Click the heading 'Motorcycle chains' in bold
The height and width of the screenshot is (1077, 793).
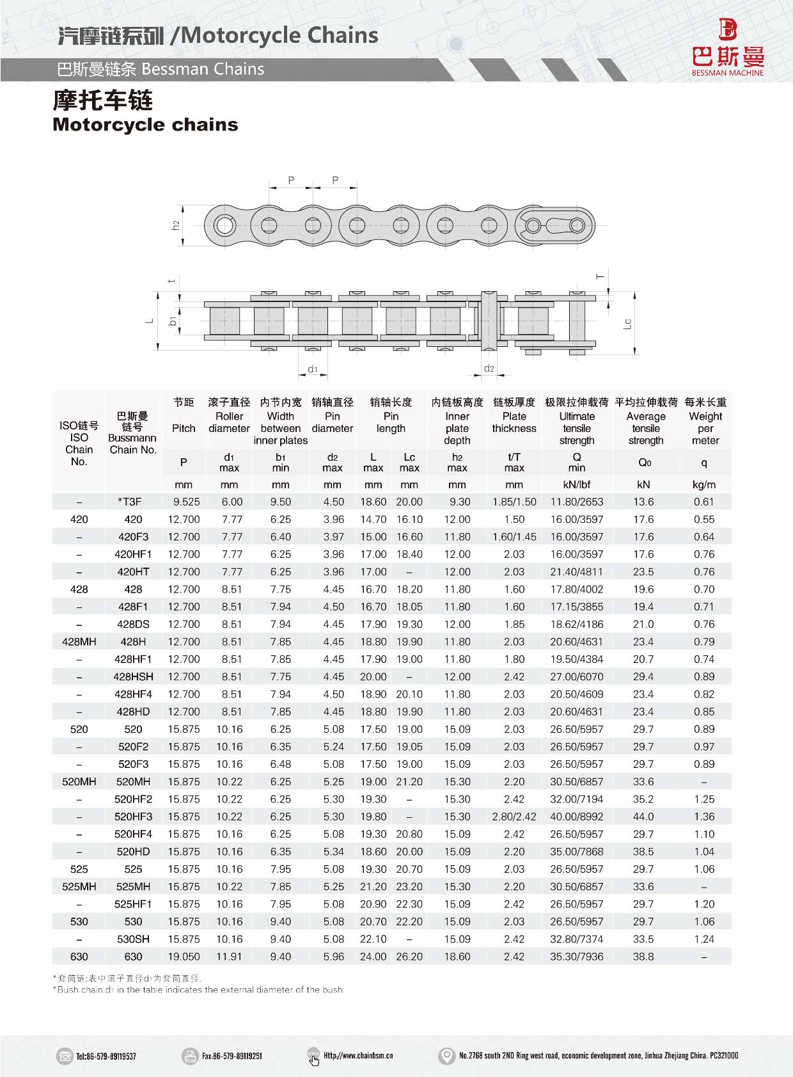click(x=145, y=125)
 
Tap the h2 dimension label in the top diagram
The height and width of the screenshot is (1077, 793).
click(x=176, y=225)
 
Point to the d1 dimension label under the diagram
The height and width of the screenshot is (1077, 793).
click(x=313, y=369)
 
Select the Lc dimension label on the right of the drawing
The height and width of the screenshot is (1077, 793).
click(x=627, y=324)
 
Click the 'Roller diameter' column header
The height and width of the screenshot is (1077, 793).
click(x=229, y=422)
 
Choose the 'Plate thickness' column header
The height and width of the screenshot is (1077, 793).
click(x=514, y=422)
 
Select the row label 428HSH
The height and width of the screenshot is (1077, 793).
click(x=133, y=676)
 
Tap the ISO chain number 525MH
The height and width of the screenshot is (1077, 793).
click(x=79, y=886)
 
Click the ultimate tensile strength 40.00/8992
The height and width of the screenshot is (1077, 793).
click(x=577, y=817)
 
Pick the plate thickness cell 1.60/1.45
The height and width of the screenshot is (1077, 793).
click(x=514, y=537)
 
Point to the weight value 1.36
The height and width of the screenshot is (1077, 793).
click(x=704, y=817)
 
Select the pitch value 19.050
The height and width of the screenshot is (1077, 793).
click(x=184, y=957)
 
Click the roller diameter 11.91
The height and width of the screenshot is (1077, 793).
click(x=229, y=957)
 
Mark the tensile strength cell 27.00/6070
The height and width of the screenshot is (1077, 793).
click(x=577, y=676)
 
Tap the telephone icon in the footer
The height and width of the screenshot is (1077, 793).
click(x=65, y=1056)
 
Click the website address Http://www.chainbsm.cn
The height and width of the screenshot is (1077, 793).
click(x=358, y=1056)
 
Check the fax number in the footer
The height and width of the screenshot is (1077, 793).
click(x=232, y=1056)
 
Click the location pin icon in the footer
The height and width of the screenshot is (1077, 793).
click(x=446, y=1056)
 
